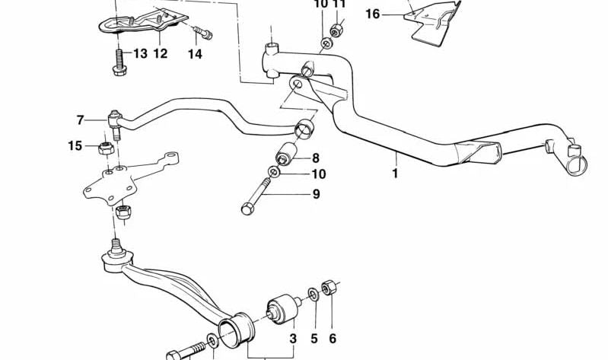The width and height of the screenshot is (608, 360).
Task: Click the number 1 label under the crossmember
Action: (395, 173)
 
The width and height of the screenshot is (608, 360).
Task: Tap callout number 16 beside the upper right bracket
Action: (372, 14)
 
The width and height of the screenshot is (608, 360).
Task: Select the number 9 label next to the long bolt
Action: (315, 194)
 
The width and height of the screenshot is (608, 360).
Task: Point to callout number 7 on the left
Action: (80, 119)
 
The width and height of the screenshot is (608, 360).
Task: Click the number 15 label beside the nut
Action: (74, 145)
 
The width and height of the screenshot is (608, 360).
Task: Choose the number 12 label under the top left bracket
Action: (160, 53)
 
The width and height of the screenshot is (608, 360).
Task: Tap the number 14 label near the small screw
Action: (196, 53)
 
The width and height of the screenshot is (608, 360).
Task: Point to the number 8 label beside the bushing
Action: (315, 158)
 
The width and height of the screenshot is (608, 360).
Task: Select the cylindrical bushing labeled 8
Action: (286, 157)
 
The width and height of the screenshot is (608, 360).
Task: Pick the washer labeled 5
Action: (314, 294)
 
